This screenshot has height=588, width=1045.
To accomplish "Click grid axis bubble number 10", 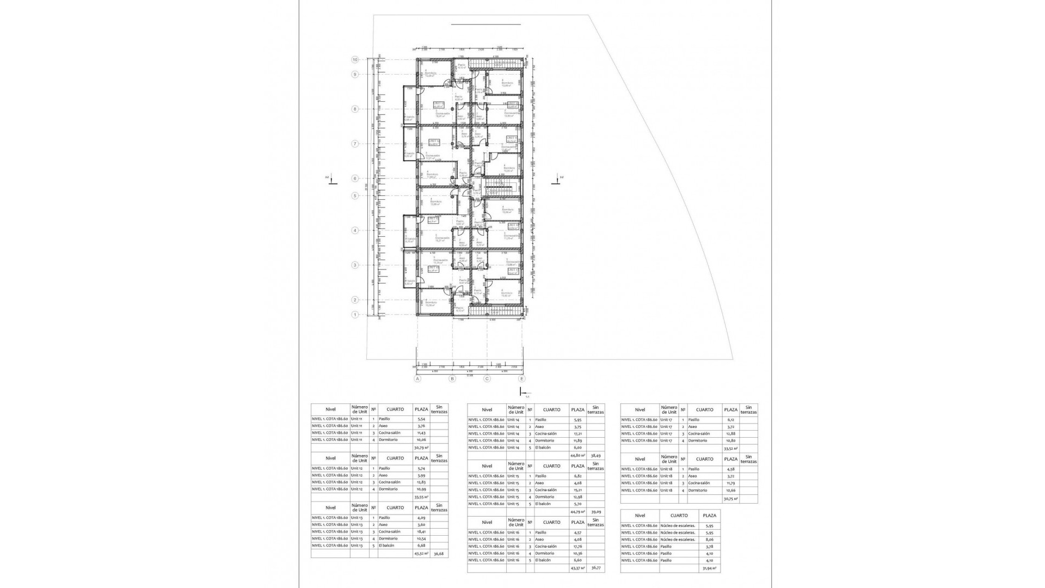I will pos(355,60).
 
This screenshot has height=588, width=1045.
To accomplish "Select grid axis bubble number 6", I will pos(355,178).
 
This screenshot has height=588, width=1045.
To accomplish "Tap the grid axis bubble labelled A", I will pos(417,379).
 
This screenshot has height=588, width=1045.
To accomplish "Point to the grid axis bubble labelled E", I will pos(522,379).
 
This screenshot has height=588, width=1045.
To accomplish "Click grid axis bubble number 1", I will pos(355,315).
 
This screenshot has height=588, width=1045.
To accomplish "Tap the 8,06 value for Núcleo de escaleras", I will pos(709,540).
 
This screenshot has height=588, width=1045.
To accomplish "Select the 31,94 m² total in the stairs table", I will pos(709,568).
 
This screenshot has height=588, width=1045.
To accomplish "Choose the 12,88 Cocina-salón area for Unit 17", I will pos(730,434).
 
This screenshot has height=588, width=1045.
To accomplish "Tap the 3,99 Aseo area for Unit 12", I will pos(421,475).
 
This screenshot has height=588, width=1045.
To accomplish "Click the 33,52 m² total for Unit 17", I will pos(730,449).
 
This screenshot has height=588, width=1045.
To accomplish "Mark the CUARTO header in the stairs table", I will pos(679,516).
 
